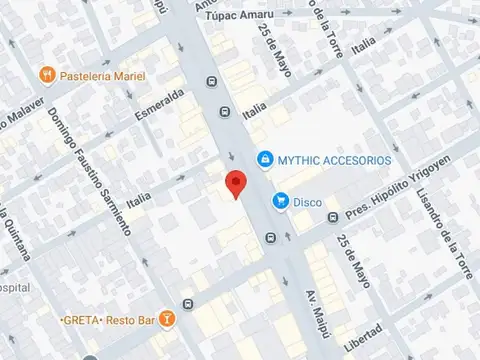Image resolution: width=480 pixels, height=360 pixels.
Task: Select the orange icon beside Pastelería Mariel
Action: click(x=46, y=75)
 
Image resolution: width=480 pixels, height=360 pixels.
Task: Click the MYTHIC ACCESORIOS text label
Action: click(x=336, y=160)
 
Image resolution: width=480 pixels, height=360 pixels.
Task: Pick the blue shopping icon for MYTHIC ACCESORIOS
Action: click(x=264, y=159)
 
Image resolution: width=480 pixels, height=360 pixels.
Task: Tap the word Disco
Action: click(x=307, y=202)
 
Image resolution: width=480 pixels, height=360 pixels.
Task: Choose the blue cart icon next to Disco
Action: click(x=281, y=202)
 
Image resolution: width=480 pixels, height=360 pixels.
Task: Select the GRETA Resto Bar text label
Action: click(x=117, y=320)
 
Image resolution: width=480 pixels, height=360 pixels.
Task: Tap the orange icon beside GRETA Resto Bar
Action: click(x=167, y=320)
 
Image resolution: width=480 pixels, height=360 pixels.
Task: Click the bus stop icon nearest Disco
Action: click(x=271, y=238)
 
